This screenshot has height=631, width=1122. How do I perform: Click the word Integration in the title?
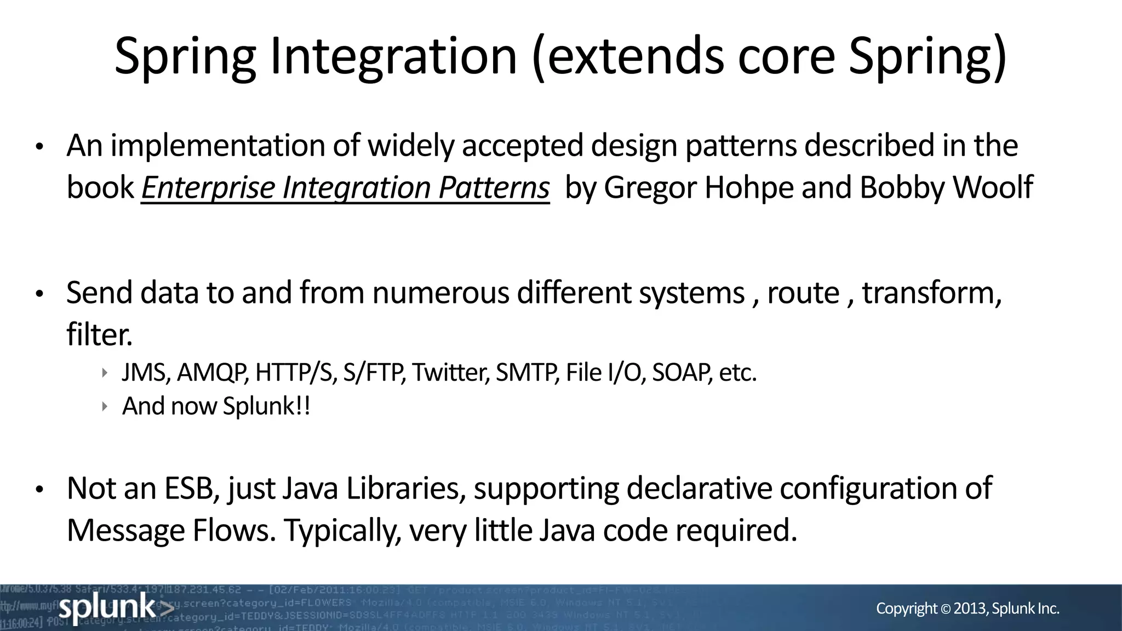click(393, 56)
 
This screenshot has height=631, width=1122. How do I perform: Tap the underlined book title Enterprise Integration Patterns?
click(345, 188)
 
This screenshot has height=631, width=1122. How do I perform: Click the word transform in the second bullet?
click(929, 293)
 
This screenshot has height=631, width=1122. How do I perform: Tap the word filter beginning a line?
click(99, 335)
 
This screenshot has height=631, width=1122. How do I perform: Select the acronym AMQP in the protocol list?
click(212, 373)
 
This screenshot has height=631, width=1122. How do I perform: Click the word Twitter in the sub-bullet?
click(450, 373)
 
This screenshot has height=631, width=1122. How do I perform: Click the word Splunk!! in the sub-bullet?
click(267, 406)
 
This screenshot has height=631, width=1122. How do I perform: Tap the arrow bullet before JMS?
click(105, 373)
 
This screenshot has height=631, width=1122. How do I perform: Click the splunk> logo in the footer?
click(116, 607)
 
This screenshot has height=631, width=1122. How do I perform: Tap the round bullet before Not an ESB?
click(39, 489)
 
